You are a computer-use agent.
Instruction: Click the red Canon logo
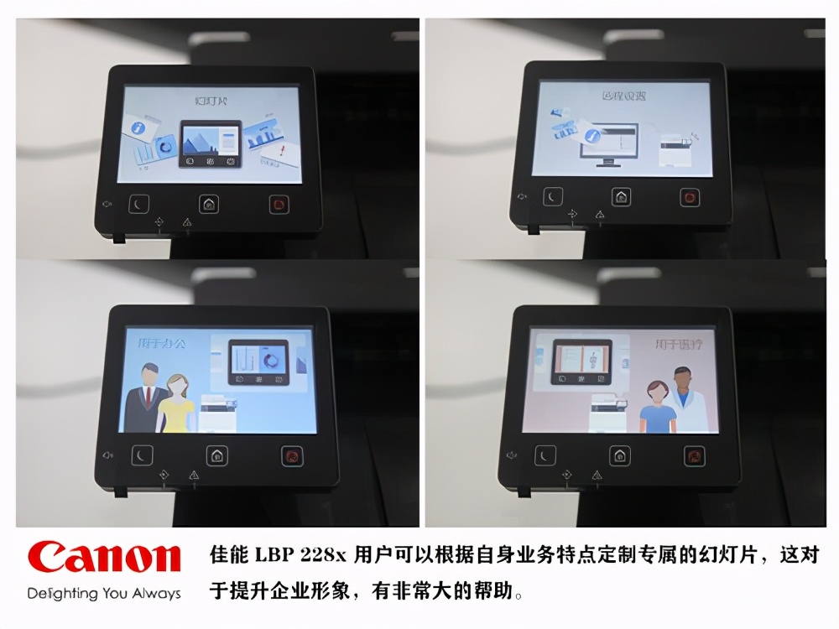click(104, 559)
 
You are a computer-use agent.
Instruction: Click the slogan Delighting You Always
click(104, 594)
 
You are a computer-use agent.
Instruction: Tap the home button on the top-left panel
click(209, 204)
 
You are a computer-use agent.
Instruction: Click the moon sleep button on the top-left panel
click(138, 204)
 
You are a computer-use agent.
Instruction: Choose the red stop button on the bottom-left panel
click(292, 456)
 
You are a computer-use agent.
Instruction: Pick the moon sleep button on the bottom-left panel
click(142, 456)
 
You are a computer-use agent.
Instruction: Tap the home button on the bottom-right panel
click(620, 455)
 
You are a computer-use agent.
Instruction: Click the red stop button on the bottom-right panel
click(695, 455)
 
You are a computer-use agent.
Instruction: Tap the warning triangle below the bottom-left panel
click(194, 476)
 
